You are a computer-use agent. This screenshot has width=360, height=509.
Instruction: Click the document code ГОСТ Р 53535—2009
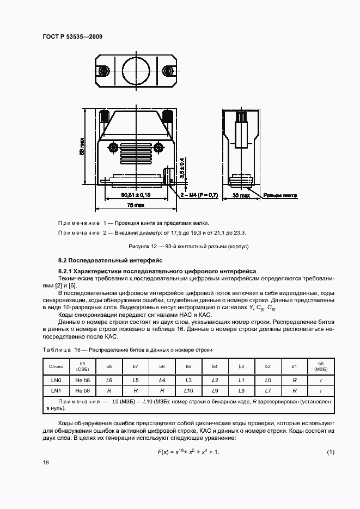(x=72, y=36)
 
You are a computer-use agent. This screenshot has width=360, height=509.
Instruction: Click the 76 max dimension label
(x=136, y=205)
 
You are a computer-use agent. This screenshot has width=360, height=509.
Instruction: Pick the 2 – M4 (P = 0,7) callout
(x=193, y=194)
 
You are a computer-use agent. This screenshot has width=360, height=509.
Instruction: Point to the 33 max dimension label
(x=241, y=194)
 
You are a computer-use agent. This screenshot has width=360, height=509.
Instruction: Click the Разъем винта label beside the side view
(x=280, y=194)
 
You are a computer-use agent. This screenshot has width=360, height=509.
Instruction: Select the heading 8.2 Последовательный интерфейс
(x=107, y=261)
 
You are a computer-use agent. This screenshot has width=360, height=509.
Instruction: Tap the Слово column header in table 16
(x=56, y=367)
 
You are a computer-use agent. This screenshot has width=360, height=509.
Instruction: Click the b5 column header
(x=188, y=367)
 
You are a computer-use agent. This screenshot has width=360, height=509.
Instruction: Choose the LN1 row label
(x=56, y=390)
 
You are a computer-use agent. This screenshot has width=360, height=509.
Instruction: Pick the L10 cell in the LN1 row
(x=188, y=390)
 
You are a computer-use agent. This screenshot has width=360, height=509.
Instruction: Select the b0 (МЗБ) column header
(x=320, y=367)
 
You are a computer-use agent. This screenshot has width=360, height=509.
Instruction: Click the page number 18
(x=46, y=462)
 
